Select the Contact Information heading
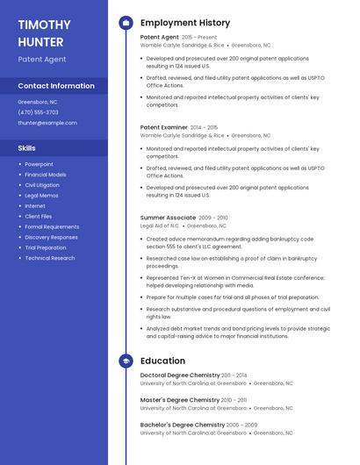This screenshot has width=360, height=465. tap(56, 86)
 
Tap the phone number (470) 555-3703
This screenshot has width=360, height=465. tap(38, 112)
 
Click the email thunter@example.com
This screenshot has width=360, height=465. tap(47, 123)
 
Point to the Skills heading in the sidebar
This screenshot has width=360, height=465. tap(27, 148)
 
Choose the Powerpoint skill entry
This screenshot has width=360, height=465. tap(39, 164)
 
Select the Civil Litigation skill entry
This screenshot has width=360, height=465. tap(42, 185)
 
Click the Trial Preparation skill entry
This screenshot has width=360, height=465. tap(46, 247)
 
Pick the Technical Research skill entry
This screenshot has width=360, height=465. tap(49, 258)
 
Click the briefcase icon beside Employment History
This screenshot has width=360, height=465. tap(126, 23)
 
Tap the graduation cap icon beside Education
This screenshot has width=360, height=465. tap(126, 361)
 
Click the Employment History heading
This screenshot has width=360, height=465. tap(185, 23)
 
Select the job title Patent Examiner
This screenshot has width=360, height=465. tap(163, 127)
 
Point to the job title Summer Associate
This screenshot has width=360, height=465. tap(168, 217)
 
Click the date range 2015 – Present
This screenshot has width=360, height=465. tap(199, 38)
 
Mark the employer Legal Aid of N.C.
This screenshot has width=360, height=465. tap(160, 225)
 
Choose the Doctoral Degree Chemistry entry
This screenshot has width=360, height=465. tap(180, 375)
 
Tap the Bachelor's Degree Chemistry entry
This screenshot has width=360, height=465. tap(183, 425)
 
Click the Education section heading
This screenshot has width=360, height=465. tap(163, 361)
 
